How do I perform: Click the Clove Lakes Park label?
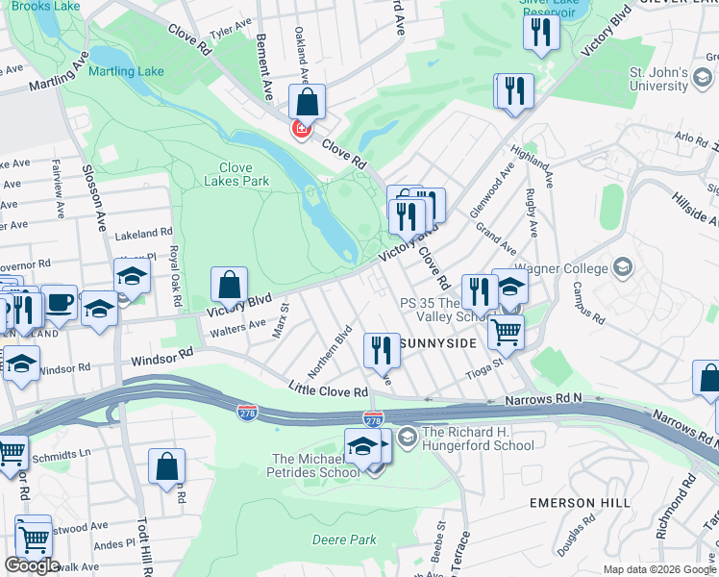click(236, 173)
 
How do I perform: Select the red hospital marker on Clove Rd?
click(302, 129)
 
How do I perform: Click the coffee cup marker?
click(60, 302)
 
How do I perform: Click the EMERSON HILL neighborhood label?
click(580, 503)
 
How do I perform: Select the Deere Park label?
click(344, 539)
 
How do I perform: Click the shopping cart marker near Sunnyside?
click(506, 332)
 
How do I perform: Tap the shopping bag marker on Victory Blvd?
click(230, 285)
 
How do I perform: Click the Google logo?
click(32, 565)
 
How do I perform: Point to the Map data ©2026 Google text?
click(659, 569)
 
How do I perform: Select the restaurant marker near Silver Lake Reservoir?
click(541, 31)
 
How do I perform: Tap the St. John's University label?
click(658, 80)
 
